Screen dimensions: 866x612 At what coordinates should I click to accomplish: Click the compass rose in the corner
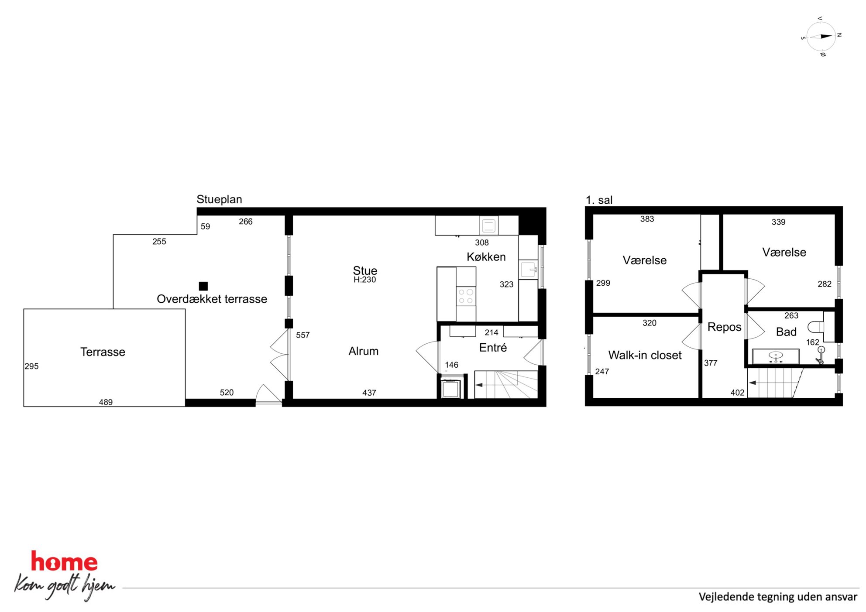821,37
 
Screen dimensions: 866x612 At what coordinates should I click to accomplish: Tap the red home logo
64,561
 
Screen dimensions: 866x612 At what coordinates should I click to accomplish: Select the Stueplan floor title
219,199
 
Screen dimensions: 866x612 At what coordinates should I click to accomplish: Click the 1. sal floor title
599,200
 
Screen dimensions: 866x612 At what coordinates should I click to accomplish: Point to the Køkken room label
486,257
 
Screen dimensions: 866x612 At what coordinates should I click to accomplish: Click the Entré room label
493,348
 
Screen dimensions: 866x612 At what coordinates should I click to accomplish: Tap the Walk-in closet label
645,355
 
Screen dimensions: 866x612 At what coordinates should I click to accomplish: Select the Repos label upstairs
724,327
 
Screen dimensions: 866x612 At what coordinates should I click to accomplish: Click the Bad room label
786,332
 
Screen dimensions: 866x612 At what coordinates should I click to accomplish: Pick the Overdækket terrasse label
212,299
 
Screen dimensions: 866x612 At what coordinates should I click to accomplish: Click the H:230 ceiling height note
364,280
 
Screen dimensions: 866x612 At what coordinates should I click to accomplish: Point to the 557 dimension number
302,335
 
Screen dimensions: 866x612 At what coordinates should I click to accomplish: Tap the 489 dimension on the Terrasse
106,402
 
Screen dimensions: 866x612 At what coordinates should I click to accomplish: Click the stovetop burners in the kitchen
466,296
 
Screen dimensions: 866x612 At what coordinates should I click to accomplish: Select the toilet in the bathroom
815,327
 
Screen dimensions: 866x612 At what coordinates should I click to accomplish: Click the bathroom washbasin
776,356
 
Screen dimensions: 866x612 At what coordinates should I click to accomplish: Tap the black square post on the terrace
203,286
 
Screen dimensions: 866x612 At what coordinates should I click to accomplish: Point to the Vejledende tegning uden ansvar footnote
778,597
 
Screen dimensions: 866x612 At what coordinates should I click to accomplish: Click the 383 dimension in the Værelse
647,219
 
